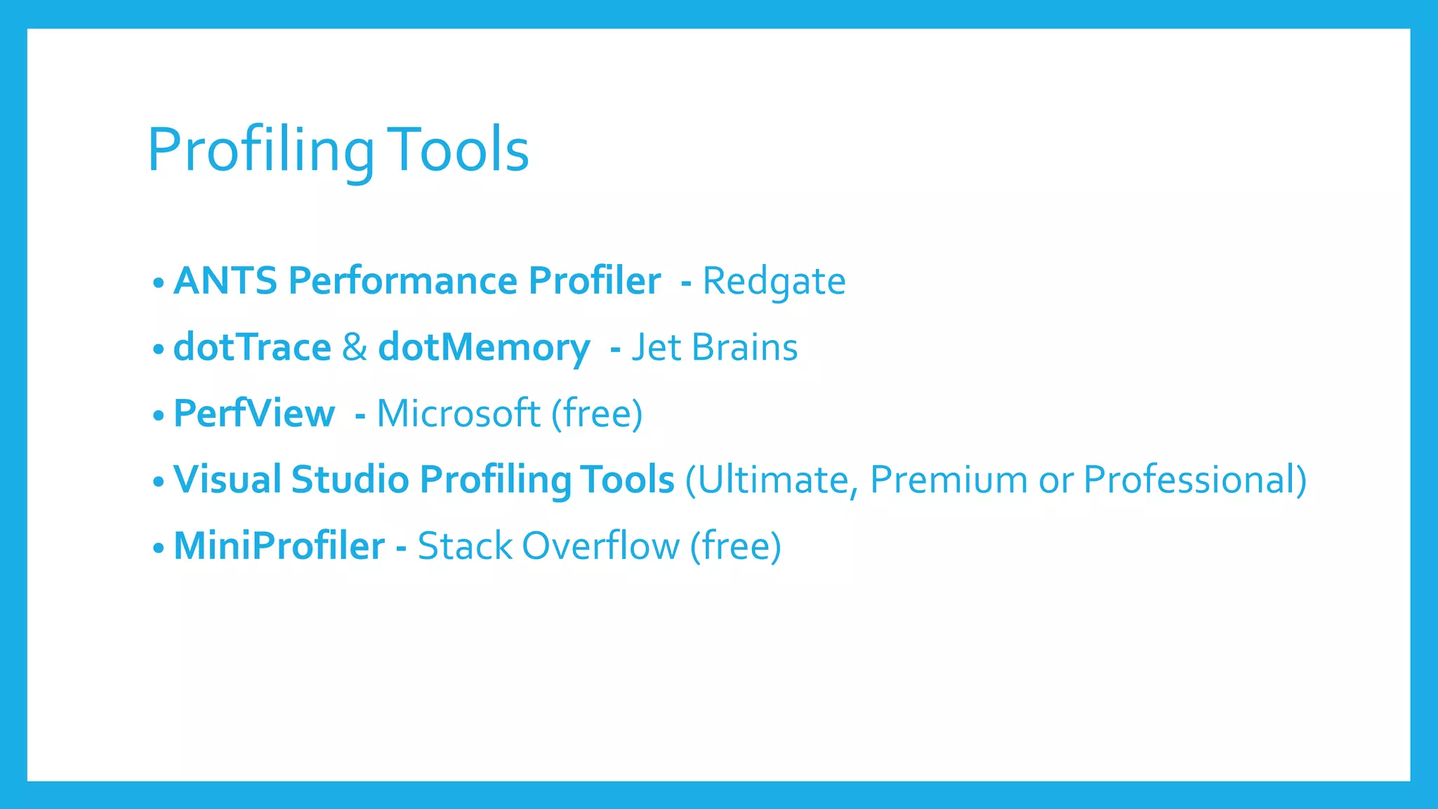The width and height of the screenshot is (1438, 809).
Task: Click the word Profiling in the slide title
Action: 260,150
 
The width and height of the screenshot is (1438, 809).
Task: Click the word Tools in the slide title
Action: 458,150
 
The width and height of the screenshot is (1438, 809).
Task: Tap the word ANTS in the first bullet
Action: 225,281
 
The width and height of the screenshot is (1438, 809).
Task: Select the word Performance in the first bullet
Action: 403,281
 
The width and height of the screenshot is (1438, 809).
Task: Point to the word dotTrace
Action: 252,347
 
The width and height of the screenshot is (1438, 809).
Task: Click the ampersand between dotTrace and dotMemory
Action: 355,347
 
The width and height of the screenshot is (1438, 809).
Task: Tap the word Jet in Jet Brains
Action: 656,347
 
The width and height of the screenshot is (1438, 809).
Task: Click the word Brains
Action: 744,347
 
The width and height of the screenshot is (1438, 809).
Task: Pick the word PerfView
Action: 254,413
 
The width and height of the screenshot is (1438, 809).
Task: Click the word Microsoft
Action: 459,413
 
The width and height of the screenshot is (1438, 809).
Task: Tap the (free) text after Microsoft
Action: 597,414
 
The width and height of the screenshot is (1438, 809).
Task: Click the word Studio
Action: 350,479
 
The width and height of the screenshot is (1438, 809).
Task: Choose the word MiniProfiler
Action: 279,546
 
